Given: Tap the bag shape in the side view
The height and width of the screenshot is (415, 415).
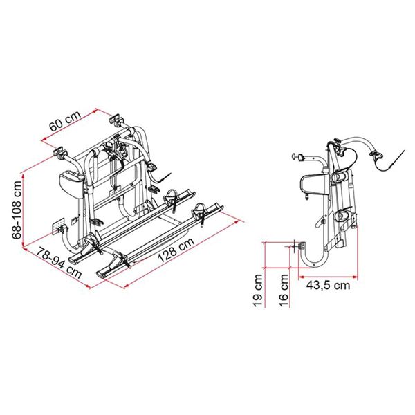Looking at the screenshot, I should click(x=311, y=186).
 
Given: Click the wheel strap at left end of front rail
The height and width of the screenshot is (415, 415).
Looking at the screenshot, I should click(x=122, y=261).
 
